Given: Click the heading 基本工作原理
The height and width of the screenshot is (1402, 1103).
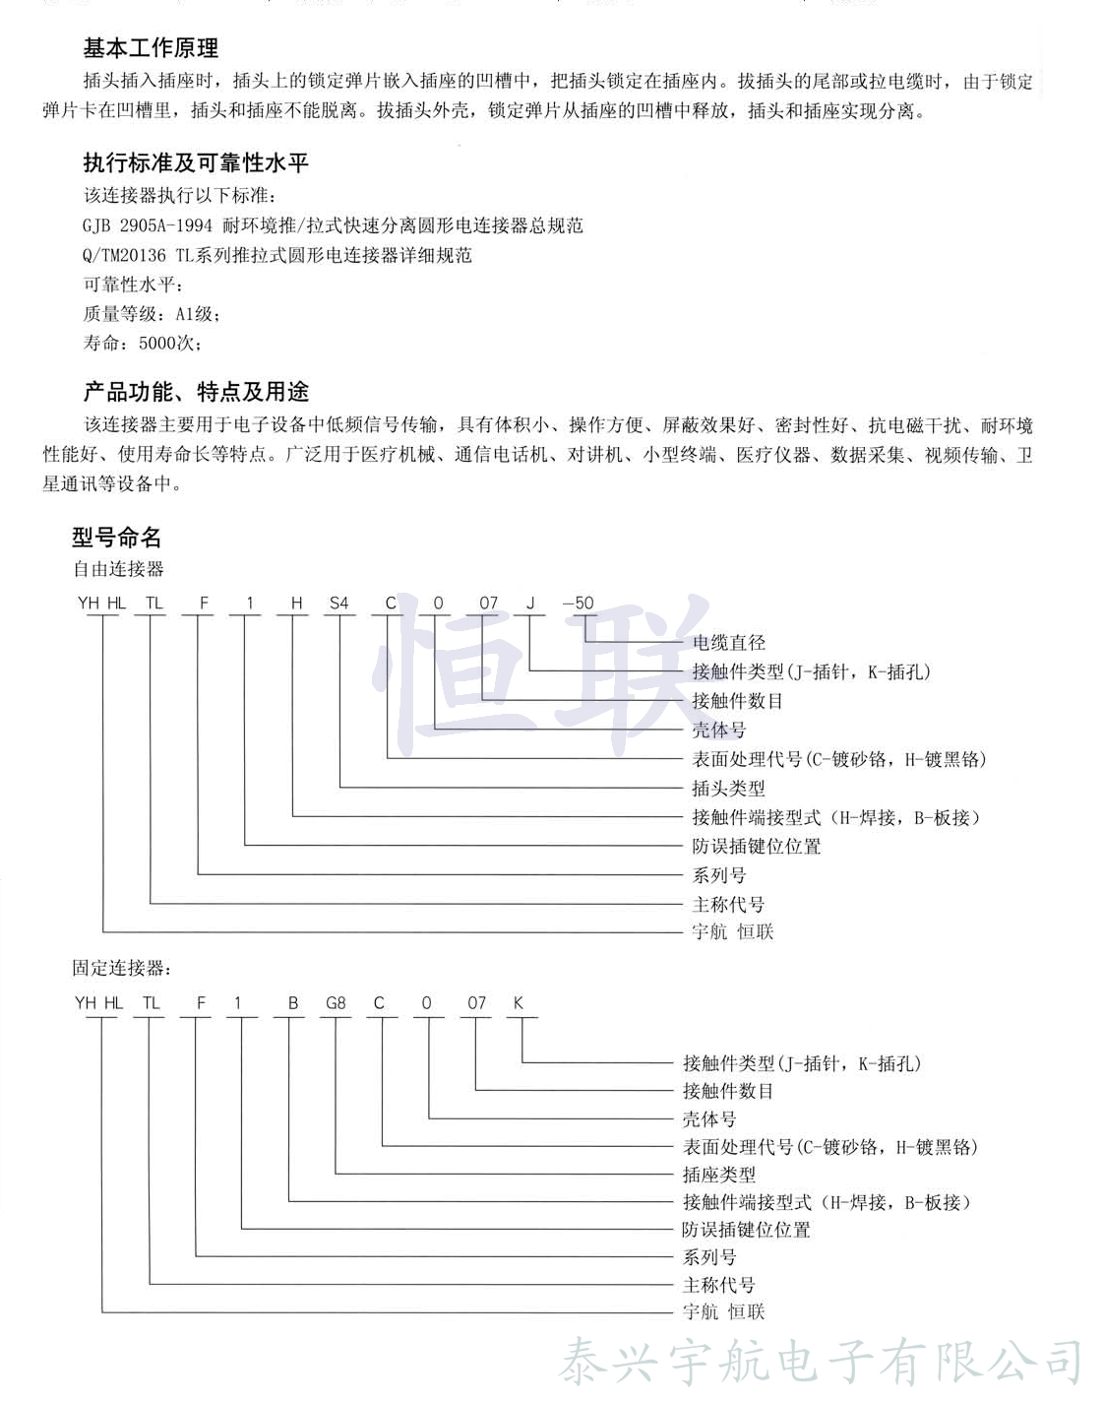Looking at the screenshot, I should tap(151, 48).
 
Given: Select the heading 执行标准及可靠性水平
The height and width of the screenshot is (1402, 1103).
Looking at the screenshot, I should tap(196, 162).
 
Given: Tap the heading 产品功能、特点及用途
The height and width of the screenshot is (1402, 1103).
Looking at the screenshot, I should tap(196, 392).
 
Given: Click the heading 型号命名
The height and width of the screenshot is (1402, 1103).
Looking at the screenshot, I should tap(116, 537).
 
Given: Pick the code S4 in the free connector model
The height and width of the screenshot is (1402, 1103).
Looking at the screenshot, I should tap(339, 603).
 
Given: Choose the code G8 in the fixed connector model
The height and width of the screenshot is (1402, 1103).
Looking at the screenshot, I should tap(336, 1003).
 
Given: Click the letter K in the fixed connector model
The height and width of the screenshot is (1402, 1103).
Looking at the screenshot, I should tap(519, 1003).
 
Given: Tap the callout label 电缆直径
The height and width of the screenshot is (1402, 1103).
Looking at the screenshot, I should tap(729, 643).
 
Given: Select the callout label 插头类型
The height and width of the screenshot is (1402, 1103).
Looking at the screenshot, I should tap(729, 789).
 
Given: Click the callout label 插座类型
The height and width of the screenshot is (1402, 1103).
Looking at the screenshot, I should tap(719, 1175).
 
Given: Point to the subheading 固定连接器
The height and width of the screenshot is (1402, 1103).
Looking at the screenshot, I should tap(119, 968).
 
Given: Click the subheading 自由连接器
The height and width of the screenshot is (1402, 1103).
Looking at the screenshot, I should tap(118, 569).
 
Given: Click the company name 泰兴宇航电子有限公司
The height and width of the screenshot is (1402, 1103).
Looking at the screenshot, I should tap(822, 1364).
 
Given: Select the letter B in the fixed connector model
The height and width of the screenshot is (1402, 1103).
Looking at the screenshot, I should tap(292, 1003).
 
